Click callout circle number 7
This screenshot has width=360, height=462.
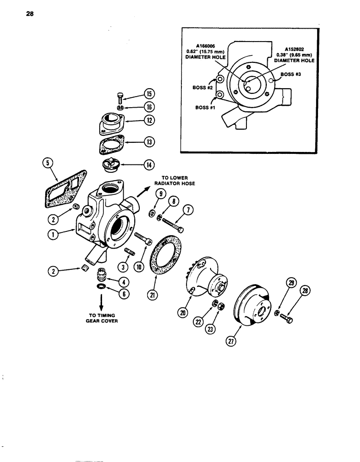tap(189, 212)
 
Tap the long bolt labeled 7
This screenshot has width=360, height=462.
tap(173, 224)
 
